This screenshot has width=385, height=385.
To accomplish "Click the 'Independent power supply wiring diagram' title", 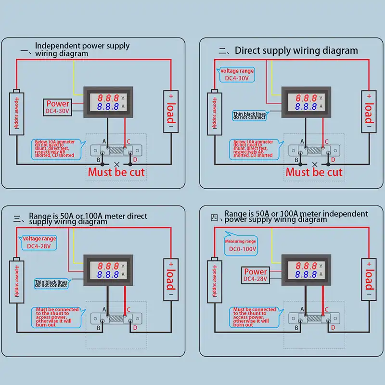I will coord(82,50).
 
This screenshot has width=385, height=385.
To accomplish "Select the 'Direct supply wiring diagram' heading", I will coord(296,51).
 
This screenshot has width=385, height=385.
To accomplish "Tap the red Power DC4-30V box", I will coord(58,107).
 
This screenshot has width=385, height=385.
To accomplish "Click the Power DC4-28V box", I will coord(256,275).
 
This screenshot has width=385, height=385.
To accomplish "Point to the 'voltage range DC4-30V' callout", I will coord(237,75).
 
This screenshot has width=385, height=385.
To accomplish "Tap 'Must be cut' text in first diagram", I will coord(115,172).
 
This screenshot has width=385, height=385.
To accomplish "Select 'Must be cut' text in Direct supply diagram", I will coord(314,172).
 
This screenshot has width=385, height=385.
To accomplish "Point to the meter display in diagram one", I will coord(107,102).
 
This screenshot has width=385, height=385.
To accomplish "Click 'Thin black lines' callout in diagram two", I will coord(249,115).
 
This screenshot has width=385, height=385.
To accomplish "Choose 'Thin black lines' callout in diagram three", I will coord(51,283).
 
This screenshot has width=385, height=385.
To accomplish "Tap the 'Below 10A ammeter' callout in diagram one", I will coord(54,149).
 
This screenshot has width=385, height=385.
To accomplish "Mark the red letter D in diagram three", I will coord(135,328).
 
